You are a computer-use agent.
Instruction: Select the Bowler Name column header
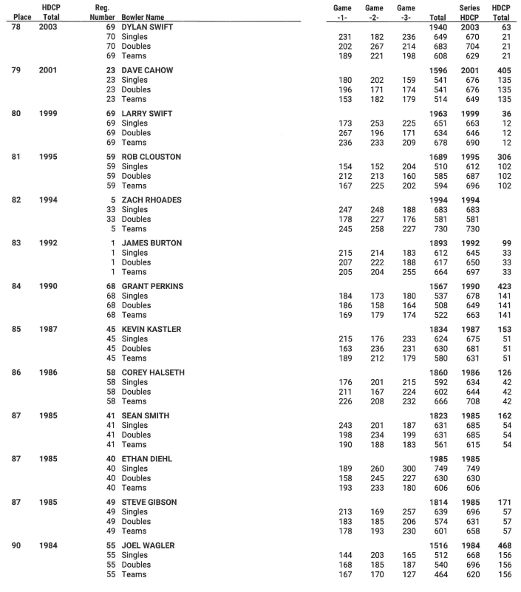click(143, 17)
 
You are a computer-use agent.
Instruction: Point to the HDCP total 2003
click(48, 27)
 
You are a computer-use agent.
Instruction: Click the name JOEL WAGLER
click(149, 545)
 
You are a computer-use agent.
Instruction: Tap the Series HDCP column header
click(471, 12)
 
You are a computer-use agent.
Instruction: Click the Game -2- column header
click(374, 12)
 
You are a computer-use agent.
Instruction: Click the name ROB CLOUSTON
click(151, 157)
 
